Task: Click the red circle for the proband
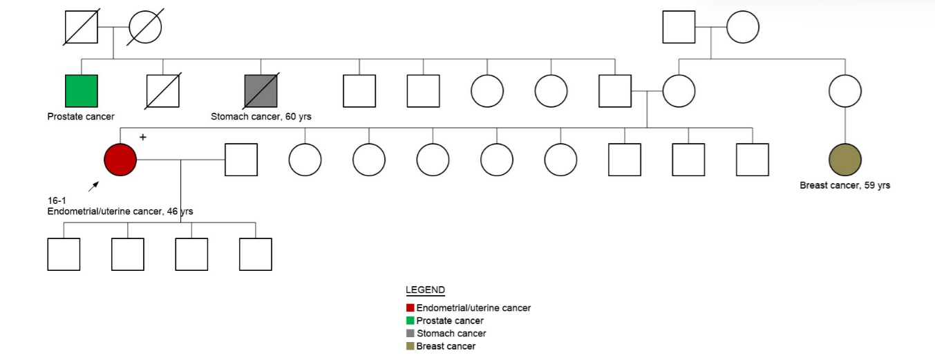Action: pyautogui.click(x=120, y=160)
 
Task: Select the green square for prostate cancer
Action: pyautogui.click(x=82, y=91)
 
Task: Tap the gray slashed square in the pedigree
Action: pyautogui.click(x=261, y=91)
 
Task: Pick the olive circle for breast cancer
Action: pyautogui.click(x=845, y=160)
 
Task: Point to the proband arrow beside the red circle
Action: pyautogui.click(x=93, y=187)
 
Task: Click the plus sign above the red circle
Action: pyautogui.click(x=143, y=138)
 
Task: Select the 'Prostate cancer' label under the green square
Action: pyautogui.click(x=81, y=117)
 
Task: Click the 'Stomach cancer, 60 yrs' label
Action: pyautogui.click(x=261, y=117)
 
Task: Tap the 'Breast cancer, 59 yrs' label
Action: pyautogui.click(x=845, y=185)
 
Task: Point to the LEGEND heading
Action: pyautogui.click(x=425, y=290)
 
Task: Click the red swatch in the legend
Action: pyautogui.click(x=410, y=308)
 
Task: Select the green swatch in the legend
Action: pyautogui.click(x=410, y=321)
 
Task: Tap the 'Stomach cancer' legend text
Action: pyautogui.click(x=451, y=334)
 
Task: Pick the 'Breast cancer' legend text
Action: pyautogui.click(x=446, y=346)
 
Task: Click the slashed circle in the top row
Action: pyautogui.click(x=145, y=28)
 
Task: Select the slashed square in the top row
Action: pyautogui.click(x=81, y=28)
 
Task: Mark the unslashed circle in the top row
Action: pyautogui.click(x=743, y=28)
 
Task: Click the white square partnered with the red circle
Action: pyautogui.click(x=241, y=160)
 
